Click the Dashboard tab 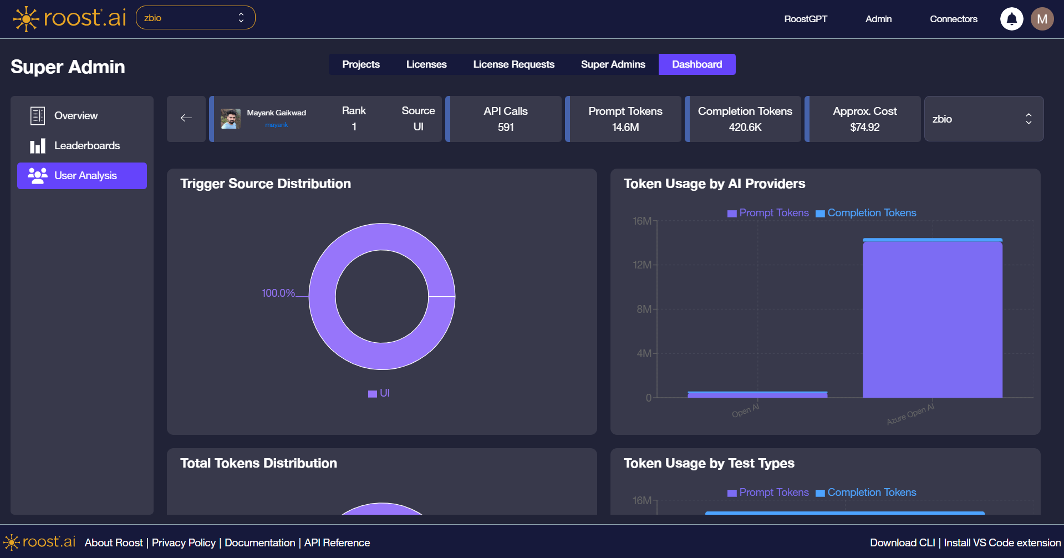696,64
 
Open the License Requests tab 513,64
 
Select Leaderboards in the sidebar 86,146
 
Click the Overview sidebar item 75,116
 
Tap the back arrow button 186,118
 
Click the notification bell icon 1011,19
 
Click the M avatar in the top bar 1042,19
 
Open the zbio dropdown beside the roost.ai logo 195,18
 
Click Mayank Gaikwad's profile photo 230,119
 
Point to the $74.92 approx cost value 864,127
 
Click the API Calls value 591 505,127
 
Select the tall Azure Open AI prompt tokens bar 932,319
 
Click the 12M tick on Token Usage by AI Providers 642,265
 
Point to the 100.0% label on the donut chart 278,293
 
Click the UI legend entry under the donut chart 379,393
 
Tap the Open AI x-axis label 745,411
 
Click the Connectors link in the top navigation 953,19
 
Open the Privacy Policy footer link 184,542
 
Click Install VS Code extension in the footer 1002,542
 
